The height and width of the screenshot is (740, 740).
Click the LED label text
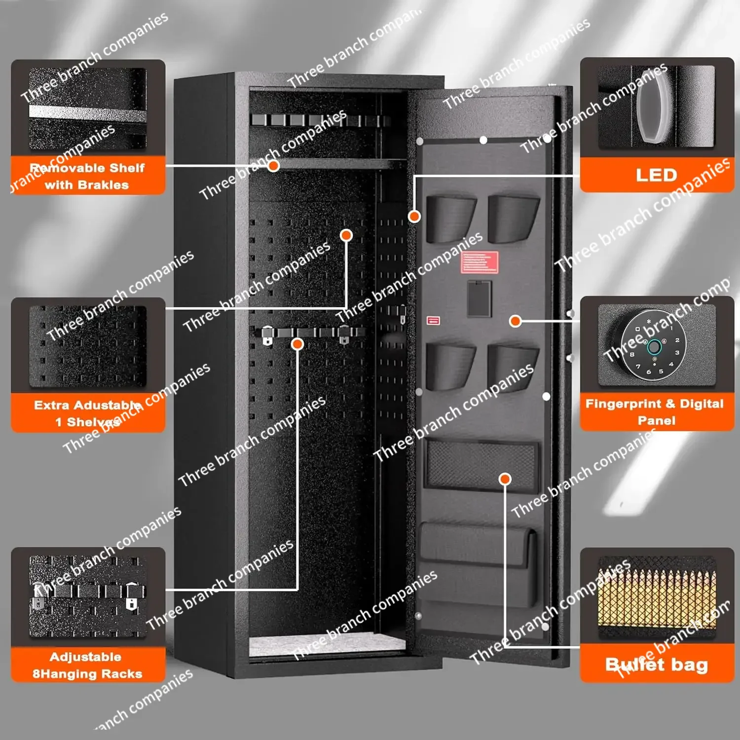click(656, 175)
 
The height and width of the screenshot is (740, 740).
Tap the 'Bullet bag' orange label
click(657, 665)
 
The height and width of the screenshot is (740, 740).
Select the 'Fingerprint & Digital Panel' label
click(656, 412)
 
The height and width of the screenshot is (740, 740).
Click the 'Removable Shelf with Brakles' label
click(87, 176)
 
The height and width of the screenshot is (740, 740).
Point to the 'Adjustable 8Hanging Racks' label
click(87, 665)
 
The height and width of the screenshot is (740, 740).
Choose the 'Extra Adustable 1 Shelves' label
click(87, 413)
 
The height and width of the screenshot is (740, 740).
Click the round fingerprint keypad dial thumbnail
click(654, 346)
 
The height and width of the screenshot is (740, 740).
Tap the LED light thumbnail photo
click(656, 106)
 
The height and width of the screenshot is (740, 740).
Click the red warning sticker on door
click(480, 262)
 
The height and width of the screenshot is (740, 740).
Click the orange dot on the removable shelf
click(274, 166)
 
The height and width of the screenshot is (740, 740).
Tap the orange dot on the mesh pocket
click(505, 479)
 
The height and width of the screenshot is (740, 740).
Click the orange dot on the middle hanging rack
click(297, 344)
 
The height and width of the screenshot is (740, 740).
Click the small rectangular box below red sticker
click(479, 299)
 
